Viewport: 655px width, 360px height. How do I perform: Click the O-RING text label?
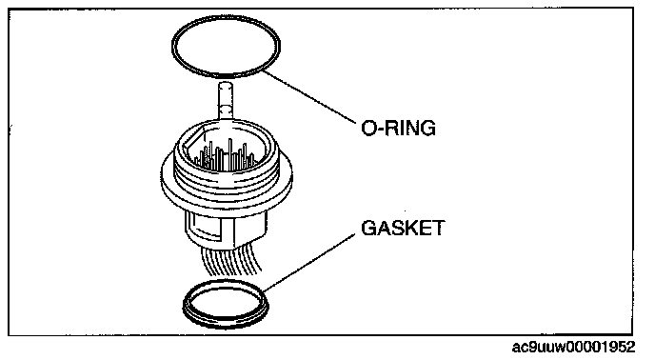click(x=398, y=128)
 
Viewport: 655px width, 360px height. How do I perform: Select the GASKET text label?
click(x=403, y=229)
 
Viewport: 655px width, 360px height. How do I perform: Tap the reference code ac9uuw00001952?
click(x=573, y=347)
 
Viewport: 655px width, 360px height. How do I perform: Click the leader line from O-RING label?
click(x=309, y=97)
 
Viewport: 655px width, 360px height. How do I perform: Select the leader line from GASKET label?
click(x=309, y=262)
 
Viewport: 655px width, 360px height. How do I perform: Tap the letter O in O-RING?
click(x=368, y=128)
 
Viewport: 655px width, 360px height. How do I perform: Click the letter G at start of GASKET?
click(x=368, y=229)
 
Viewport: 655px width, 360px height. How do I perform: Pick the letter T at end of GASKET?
click(x=439, y=229)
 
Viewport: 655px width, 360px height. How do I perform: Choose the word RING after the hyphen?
click(x=410, y=128)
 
